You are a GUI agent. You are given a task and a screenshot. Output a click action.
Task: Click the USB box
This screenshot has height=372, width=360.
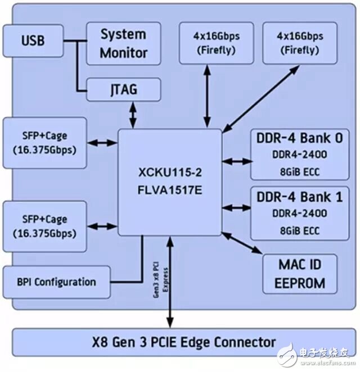(33, 41)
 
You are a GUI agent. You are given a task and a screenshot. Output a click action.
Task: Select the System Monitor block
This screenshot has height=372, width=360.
(124, 44)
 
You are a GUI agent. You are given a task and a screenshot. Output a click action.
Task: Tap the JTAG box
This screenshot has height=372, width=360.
(124, 90)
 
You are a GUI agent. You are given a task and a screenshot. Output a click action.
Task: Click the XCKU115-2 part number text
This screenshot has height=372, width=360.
(170, 173)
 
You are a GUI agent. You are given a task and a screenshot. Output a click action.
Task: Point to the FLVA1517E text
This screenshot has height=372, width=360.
(170, 190)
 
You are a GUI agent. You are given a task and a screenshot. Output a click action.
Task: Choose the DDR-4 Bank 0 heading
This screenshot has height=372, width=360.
(300, 138)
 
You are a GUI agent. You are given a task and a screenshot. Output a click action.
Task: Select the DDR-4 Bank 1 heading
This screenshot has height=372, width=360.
(300, 197)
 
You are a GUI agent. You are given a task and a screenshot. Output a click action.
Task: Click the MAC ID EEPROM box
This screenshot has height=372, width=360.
(300, 274)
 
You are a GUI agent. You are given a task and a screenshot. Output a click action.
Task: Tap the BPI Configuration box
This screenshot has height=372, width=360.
(56, 282)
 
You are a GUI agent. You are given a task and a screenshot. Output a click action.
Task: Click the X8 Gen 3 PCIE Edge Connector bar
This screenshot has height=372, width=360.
(184, 342)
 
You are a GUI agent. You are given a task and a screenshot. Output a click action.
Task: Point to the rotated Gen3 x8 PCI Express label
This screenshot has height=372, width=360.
(160, 280)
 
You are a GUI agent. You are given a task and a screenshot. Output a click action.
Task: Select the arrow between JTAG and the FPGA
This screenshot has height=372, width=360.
(133, 115)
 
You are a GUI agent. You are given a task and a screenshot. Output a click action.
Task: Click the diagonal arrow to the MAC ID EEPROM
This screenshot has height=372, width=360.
(242, 243)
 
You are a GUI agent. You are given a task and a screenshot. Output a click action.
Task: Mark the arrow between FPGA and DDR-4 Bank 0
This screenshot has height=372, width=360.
(236, 162)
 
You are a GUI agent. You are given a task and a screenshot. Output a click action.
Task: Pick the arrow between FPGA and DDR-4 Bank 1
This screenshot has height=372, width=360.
(236, 208)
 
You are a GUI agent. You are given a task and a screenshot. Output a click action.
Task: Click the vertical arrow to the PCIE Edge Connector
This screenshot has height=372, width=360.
(170, 282)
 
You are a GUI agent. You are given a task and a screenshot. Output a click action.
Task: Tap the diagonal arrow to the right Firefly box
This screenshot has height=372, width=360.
(261, 99)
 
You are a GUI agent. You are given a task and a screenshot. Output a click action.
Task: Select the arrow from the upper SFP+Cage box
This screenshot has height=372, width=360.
(102, 143)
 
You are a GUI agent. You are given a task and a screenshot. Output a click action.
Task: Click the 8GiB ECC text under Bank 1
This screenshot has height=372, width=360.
(300, 231)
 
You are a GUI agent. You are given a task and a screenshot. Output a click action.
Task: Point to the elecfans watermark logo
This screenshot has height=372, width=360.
(316, 354)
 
